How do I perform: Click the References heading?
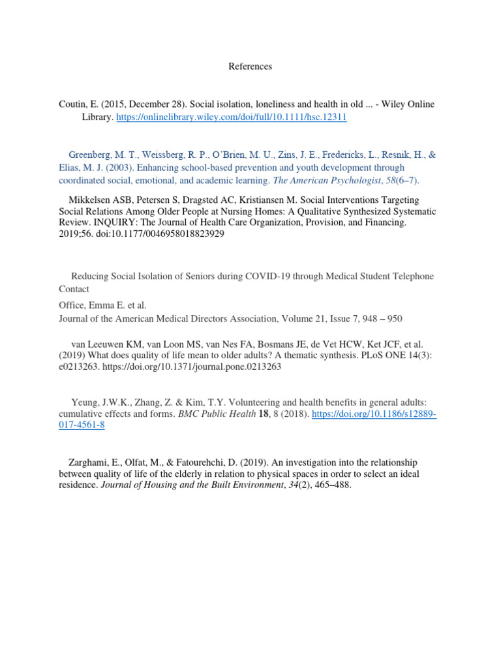point(250,67)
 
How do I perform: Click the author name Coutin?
point(72,104)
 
